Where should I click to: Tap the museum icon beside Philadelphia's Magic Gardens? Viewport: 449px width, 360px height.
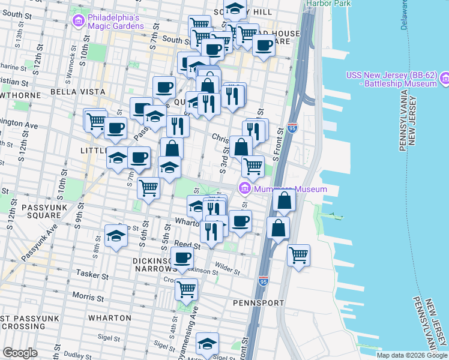[x=78, y=21]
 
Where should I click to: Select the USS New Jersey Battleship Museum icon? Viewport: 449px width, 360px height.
[x=444, y=79]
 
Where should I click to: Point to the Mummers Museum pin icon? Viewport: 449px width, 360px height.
[x=244, y=189]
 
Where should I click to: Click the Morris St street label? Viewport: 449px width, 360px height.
[x=88, y=296]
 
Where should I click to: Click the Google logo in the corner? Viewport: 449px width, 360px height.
[x=20, y=353]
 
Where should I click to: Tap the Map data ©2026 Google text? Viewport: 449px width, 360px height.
[x=412, y=355]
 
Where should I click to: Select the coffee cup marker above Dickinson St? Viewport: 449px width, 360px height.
[x=182, y=259]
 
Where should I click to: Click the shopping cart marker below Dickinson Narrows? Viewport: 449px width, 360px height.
[x=186, y=289]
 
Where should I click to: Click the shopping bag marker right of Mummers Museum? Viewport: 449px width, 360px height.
[x=285, y=201]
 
